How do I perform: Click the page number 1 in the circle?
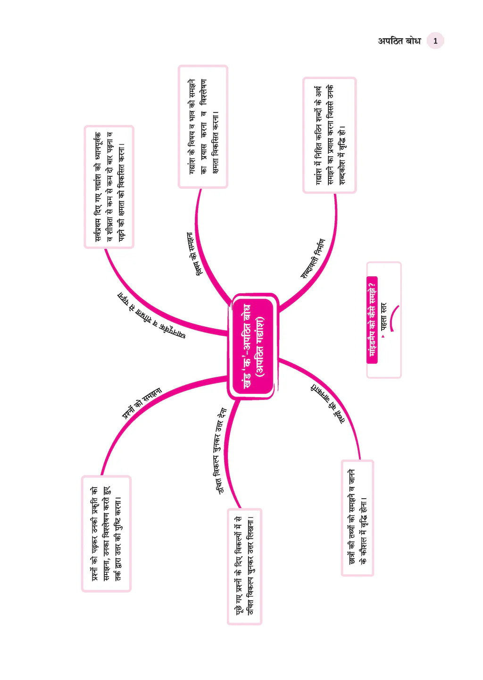(435, 41)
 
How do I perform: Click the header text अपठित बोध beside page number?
(400, 41)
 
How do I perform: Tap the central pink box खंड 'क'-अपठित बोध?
(253, 346)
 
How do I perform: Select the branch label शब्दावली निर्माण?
(313, 259)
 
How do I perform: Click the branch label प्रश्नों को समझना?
(142, 403)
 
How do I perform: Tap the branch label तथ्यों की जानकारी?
(328, 402)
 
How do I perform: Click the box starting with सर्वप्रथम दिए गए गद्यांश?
(109, 187)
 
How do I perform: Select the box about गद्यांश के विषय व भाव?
(203, 127)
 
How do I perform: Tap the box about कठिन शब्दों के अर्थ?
(330, 135)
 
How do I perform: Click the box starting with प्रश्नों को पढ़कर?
(106, 534)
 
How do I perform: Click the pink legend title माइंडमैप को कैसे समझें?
(372, 320)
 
